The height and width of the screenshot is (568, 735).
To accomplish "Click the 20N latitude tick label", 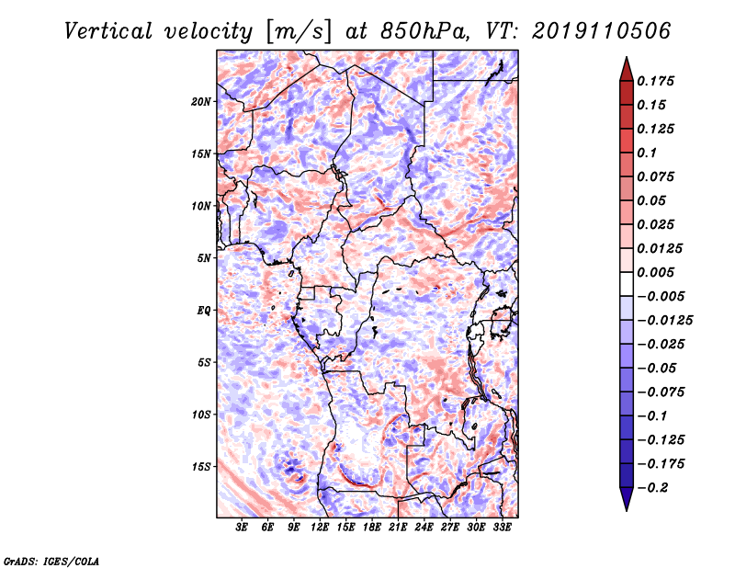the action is [x=201, y=102].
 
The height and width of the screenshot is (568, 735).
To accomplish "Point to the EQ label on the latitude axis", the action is [x=203, y=311].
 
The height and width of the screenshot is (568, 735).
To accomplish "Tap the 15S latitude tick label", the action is [x=201, y=467].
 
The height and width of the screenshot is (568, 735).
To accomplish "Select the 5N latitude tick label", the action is [x=204, y=258].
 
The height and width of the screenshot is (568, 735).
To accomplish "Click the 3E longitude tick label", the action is [x=242, y=528].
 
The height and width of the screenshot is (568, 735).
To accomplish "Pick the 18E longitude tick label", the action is [x=372, y=528].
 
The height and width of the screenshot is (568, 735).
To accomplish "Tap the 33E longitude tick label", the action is [x=502, y=528].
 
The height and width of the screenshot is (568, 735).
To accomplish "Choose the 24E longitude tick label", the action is [x=424, y=528].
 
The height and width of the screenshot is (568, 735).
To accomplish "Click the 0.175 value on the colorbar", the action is [x=655, y=81].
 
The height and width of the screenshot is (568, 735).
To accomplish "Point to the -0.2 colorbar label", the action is [x=652, y=488].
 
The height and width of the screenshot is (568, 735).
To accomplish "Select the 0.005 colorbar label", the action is [x=655, y=272].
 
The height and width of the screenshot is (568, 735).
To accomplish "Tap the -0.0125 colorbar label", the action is [x=664, y=321].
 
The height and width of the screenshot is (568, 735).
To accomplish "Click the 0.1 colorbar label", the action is [x=647, y=153].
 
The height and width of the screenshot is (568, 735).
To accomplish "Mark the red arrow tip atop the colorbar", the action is [x=627, y=58].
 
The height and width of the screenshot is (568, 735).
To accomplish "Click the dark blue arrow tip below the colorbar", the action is [x=627, y=510].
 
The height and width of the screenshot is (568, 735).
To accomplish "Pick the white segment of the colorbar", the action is [x=627, y=284].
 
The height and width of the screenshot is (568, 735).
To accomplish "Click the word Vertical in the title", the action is [x=108, y=31].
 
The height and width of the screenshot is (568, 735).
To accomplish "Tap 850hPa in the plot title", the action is [x=424, y=31].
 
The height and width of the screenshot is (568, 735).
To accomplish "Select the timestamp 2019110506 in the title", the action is [x=602, y=31].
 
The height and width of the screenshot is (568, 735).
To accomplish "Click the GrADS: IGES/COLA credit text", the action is [x=51, y=561].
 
